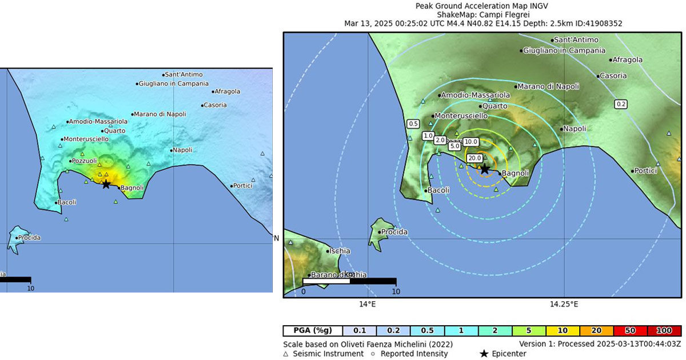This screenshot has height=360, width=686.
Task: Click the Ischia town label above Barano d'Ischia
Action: pyautogui.click(x=340, y=251)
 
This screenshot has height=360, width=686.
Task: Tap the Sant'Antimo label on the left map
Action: pyautogui.click(x=184, y=74)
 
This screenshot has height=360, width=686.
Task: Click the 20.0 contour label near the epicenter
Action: pyautogui.click(x=474, y=158)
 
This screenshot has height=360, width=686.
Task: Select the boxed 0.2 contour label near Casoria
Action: pyautogui.click(x=621, y=104)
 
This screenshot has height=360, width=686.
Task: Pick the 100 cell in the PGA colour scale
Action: pyautogui.click(x=664, y=331)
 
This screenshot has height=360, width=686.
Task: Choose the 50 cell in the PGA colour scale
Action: pyautogui.click(x=631, y=331)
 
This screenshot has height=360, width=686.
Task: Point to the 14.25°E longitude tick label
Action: pyautogui.click(x=563, y=304)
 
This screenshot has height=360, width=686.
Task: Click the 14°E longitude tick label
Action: pyautogui.click(x=367, y=304)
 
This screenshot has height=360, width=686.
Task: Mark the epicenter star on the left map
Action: pyautogui.click(x=106, y=184)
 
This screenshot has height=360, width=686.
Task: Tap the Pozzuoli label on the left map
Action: pyautogui.click(x=83, y=161)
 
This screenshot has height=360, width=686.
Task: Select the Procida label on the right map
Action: pyautogui.click(x=394, y=232)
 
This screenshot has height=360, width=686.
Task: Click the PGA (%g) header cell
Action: pyautogui.click(x=313, y=331)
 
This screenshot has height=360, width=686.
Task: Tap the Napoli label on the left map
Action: pyautogui.click(x=182, y=150)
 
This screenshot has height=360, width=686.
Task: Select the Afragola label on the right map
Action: pyautogui.click(x=627, y=59)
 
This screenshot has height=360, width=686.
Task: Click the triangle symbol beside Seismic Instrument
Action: pyautogui.click(x=286, y=354)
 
